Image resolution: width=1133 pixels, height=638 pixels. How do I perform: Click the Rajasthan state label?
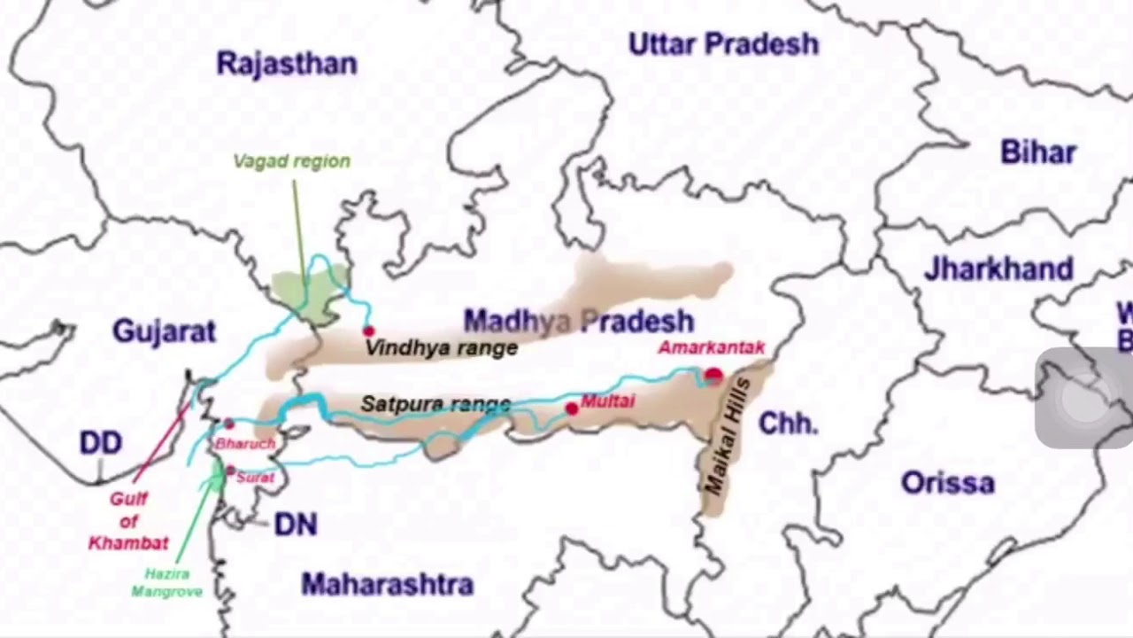(287, 64)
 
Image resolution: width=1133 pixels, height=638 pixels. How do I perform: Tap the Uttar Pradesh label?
(723, 44)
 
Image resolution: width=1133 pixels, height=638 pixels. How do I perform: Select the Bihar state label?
(1038, 152)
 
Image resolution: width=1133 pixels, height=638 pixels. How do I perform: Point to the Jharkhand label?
(998, 268)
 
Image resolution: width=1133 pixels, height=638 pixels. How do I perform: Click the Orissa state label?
(947, 483)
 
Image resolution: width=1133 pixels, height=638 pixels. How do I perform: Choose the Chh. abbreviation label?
(788, 424)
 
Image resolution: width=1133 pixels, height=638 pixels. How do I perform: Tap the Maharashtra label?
(387, 585)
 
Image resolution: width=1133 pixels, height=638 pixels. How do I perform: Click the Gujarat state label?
(164, 331)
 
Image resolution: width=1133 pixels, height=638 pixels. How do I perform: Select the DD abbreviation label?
(100, 443)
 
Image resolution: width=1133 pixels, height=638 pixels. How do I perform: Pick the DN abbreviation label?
(295, 525)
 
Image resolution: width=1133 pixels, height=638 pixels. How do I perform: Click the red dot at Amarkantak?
(713, 376)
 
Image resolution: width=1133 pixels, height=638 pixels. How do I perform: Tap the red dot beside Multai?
(572, 408)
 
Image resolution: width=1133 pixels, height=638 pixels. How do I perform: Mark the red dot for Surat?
(230, 471)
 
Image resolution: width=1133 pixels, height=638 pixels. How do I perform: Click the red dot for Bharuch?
(228, 424)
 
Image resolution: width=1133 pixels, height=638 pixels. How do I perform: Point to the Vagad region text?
(291, 161)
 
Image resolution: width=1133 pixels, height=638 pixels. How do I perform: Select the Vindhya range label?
(441, 348)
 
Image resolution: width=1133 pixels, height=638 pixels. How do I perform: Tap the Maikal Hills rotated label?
(727, 437)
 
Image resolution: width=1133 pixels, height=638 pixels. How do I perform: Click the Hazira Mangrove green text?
(166, 583)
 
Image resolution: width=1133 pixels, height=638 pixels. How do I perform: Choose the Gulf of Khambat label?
(128, 521)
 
